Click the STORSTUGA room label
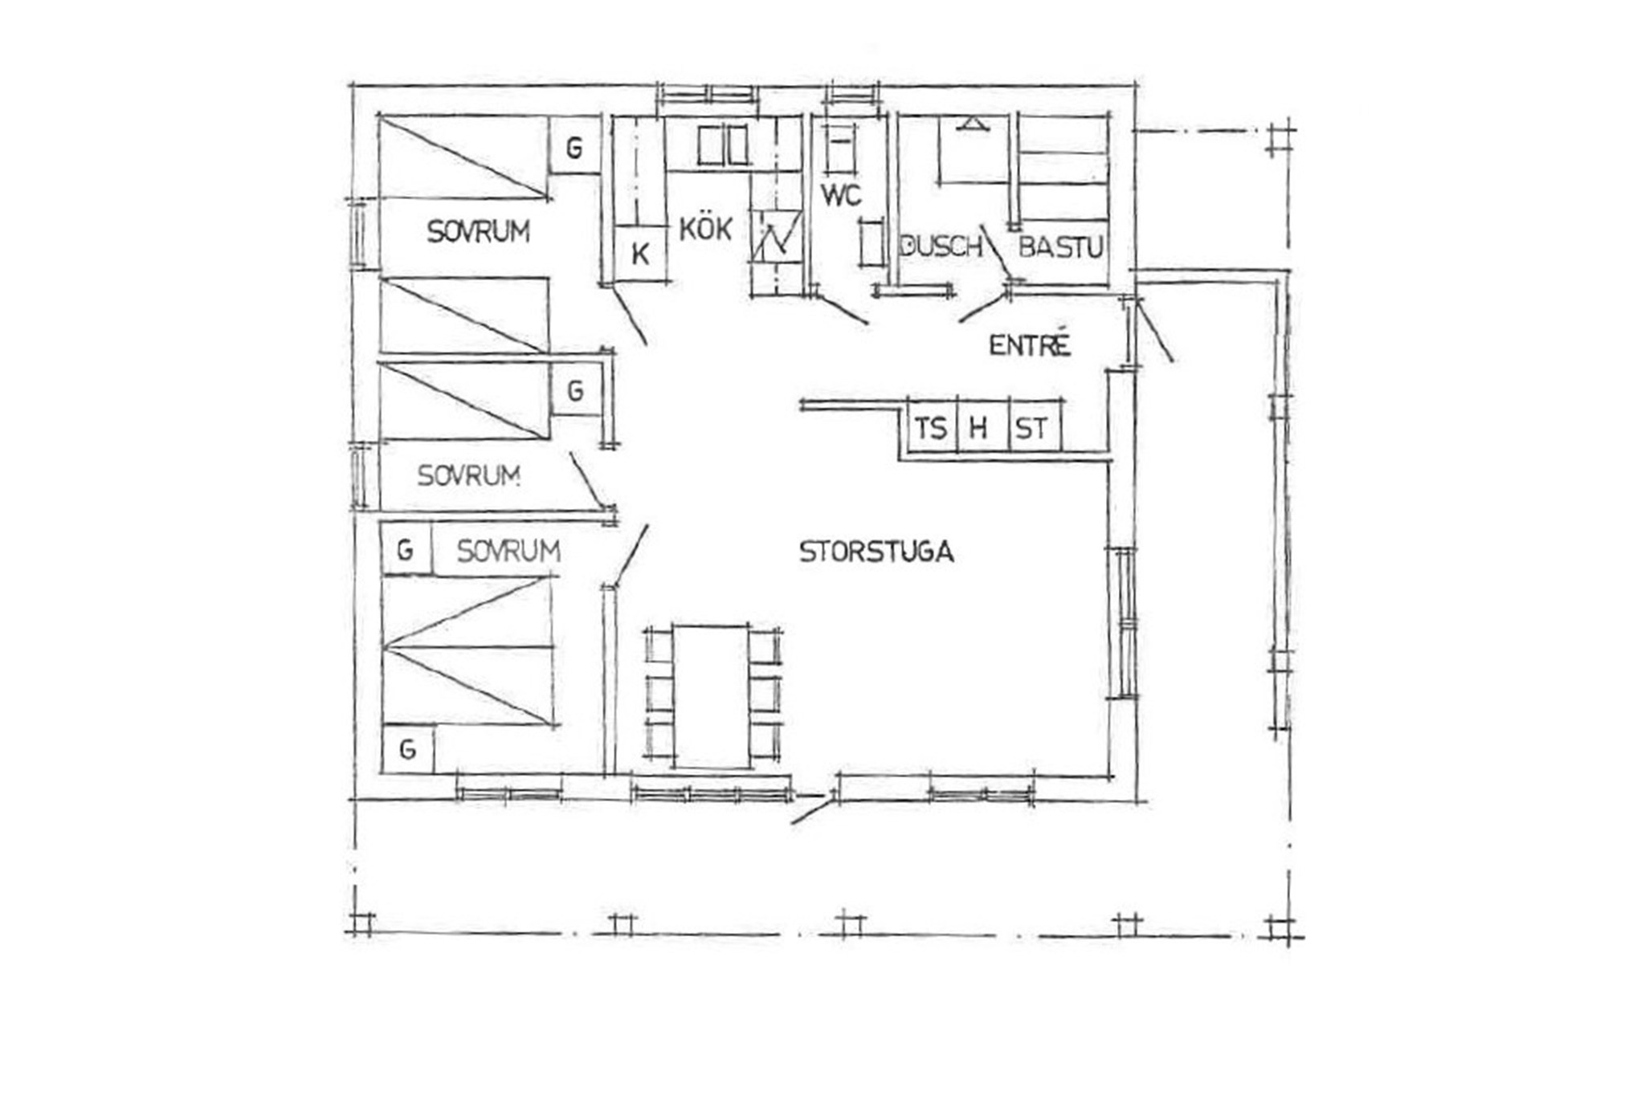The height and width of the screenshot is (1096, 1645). (x=876, y=552)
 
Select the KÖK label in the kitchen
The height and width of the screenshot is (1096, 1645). (x=706, y=229)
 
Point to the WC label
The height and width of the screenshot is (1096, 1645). (x=841, y=194)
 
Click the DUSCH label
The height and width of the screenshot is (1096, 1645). (x=941, y=246)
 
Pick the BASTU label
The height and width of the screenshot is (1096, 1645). (x=1060, y=246)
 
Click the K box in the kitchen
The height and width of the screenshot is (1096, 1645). (x=641, y=254)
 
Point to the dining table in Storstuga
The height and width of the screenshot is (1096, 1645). (x=712, y=695)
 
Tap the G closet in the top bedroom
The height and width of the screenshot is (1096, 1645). (x=574, y=147)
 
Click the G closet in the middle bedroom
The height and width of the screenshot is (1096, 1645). (x=576, y=391)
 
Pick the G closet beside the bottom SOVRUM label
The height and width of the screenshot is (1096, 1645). (x=406, y=549)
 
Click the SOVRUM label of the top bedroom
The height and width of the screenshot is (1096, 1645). (x=479, y=232)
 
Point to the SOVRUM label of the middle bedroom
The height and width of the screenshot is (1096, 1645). (x=469, y=476)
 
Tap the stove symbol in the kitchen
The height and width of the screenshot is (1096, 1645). (x=776, y=236)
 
